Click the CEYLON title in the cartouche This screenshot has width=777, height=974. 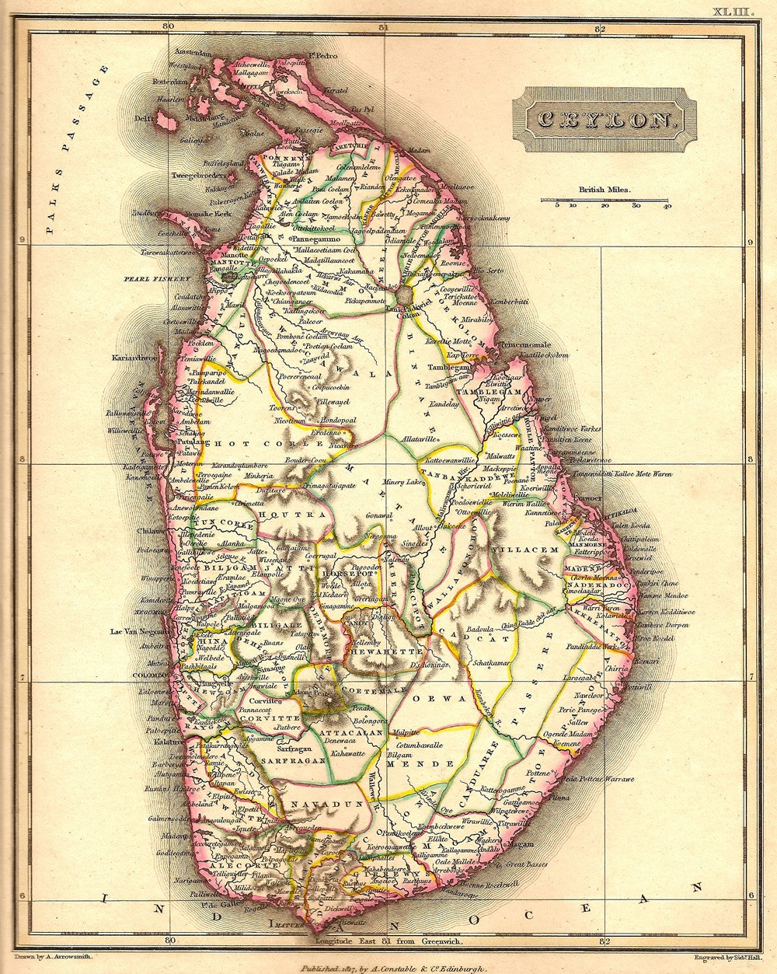point(601,120)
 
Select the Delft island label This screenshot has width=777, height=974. point(144,119)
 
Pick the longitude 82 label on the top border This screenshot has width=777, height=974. point(598,28)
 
